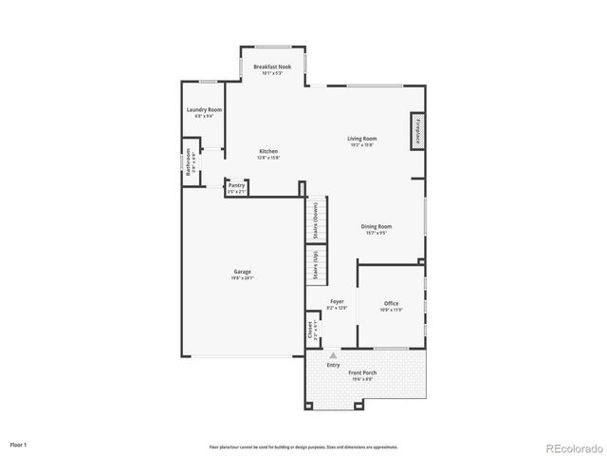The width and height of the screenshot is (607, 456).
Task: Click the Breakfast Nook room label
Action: (x=271, y=68)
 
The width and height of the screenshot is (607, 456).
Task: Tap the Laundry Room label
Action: (x=204, y=112)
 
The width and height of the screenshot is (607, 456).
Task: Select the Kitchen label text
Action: (x=268, y=154)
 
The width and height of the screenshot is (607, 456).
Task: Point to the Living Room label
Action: (x=360, y=141)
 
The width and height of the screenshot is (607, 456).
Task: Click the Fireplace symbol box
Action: (x=416, y=130)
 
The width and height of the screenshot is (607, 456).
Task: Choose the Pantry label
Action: (x=236, y=187)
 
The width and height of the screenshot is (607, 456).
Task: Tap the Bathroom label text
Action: (x=190, y=162)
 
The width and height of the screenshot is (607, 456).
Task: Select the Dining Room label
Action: (x=377, y=228)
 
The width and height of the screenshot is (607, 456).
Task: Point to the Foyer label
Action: (x=337, y=303)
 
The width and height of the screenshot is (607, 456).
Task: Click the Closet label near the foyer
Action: (x=310, y=329)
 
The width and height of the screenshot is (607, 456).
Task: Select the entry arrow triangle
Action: (x=333, y=354)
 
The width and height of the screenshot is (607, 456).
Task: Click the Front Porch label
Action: (x=363, y=374)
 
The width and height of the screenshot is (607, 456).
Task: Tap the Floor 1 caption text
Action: (x=19, y=444)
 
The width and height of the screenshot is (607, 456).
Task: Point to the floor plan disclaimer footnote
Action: (x=303, y=446)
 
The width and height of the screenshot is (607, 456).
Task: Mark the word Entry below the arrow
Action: (x=333, y=364)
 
